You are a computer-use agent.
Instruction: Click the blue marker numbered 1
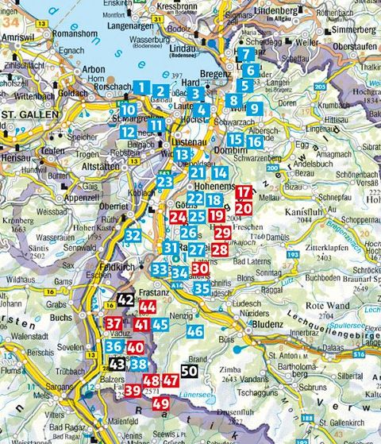click(x=141, y=87)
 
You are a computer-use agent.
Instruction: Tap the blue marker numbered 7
click(x=247, y=55)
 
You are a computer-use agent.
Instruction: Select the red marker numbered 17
click(x=244, y=191)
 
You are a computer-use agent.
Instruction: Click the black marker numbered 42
click(x=126, y=299)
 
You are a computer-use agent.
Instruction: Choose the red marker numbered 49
click(x=160, y=403)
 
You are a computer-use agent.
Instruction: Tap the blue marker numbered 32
click(x=133, y=235)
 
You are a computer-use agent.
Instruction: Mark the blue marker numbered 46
click(x=194, y=332)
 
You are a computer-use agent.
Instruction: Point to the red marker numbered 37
click(x=114, y=323)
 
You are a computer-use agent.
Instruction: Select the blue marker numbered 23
click(x=165, y=182)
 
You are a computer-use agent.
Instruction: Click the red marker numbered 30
click(x=199, y=270)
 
